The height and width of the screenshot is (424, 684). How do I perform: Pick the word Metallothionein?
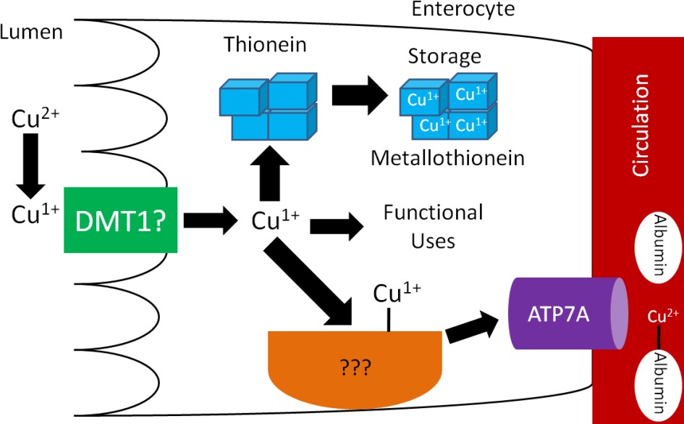tap(447, 157)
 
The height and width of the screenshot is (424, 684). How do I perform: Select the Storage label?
tap(444, 56)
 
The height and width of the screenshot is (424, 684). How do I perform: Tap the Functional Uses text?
tap(433, 225)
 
